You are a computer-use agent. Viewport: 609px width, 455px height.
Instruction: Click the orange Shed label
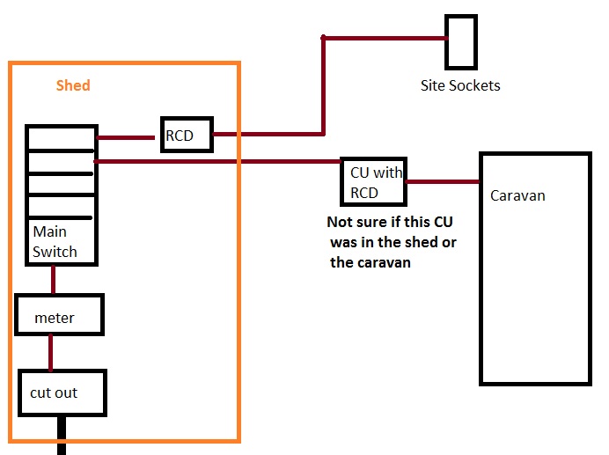(73, 85)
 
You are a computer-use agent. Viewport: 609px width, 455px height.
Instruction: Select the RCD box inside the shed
(186, 135)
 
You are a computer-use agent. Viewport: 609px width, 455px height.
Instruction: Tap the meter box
(59, 316)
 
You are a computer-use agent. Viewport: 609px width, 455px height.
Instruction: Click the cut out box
(62, 393)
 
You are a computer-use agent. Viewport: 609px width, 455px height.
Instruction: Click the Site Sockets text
(459, 85)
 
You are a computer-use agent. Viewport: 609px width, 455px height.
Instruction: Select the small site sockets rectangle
(460, 41)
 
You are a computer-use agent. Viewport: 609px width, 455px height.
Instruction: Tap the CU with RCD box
(372, 180)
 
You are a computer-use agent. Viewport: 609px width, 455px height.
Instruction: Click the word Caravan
(517, 195)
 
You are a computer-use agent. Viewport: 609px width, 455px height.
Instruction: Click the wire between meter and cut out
(51, 352)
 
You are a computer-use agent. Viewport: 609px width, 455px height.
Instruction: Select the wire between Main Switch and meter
(54, 279)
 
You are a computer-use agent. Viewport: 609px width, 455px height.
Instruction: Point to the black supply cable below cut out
(62, 435)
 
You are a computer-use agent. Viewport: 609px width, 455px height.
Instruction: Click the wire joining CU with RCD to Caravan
(440, 182)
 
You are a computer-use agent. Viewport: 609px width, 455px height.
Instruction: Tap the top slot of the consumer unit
(61, 138)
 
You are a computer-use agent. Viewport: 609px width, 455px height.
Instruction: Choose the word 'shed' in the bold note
(414, 241)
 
